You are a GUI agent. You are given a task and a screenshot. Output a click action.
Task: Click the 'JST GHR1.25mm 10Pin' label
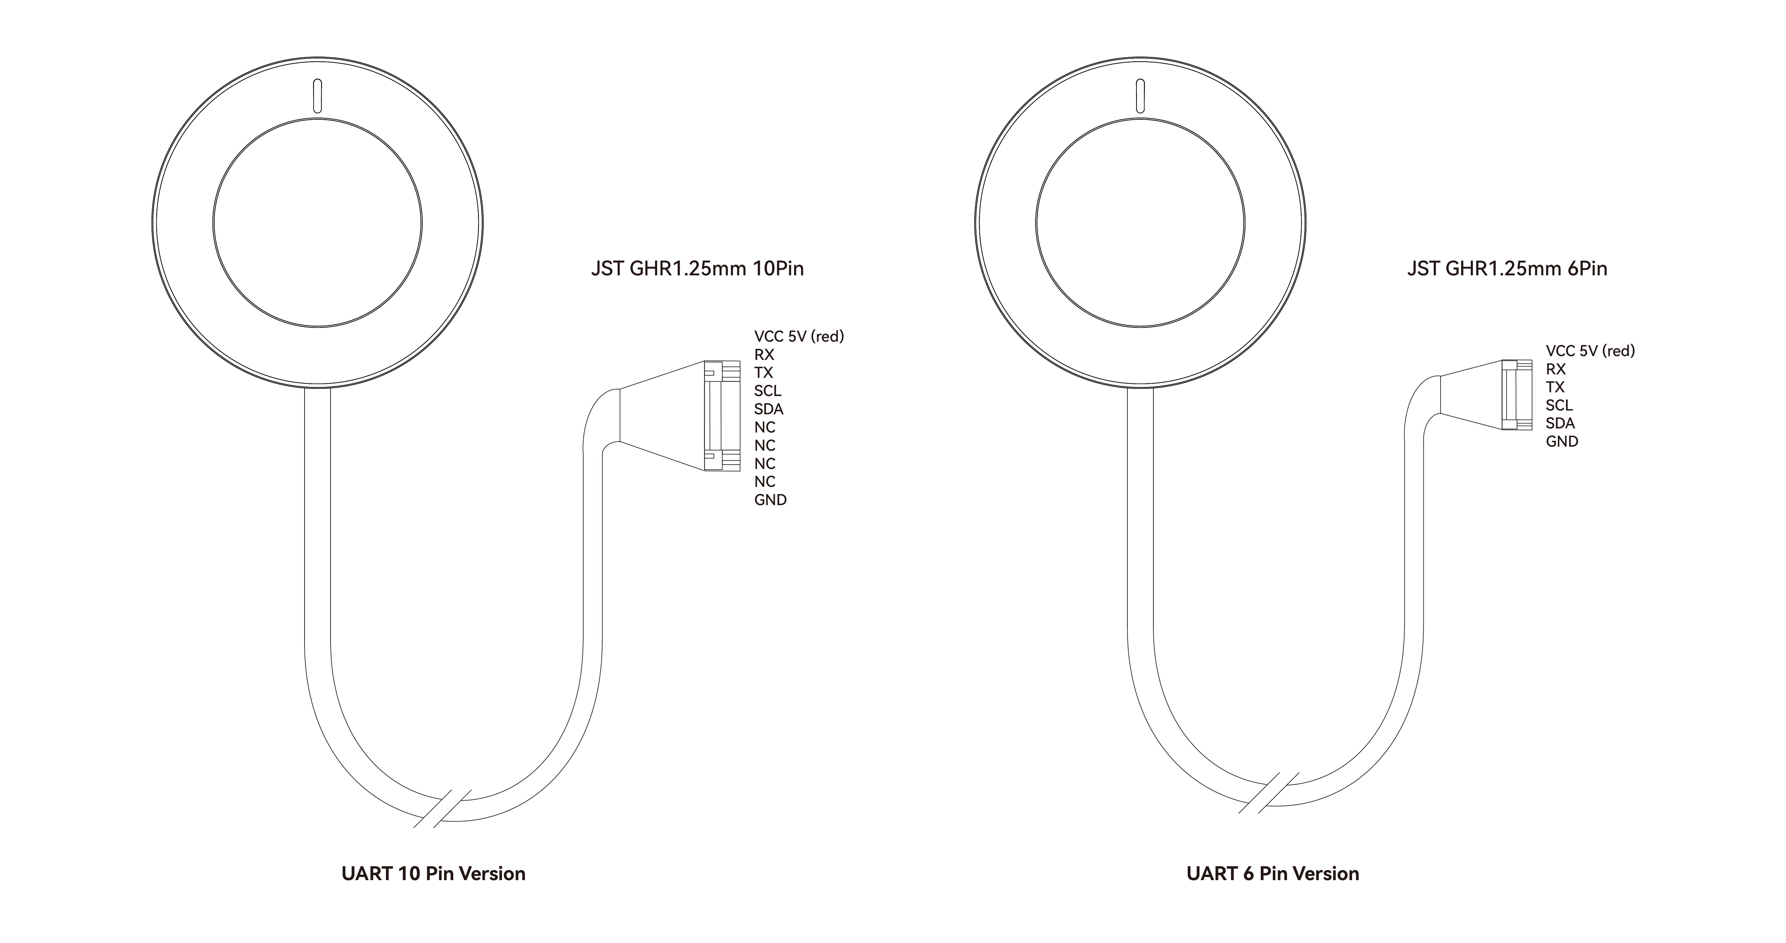(x=697, y=268)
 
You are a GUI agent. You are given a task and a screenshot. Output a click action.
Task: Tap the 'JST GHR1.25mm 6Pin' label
(x=1507, y=268)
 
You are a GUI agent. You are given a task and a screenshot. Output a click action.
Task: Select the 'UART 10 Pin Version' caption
(x=433, y=874)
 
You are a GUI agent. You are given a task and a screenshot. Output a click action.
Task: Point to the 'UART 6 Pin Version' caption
(x=1273, y=874)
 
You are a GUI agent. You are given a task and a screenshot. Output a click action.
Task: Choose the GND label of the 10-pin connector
(x=770, y=500)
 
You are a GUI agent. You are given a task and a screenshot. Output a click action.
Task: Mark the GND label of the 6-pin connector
(x=1562, y=442)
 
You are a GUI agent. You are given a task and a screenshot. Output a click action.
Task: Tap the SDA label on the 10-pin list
(x=769, y=409)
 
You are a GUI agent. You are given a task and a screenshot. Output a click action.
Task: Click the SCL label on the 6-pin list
(x=1559, y=405)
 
